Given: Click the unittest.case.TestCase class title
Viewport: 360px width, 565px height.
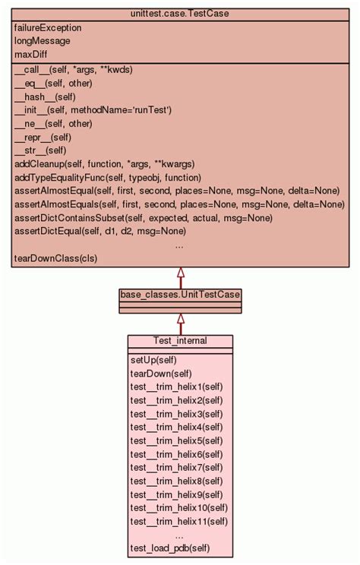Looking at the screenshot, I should click(180, 13).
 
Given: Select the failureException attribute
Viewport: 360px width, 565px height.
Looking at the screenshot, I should click(48, 27).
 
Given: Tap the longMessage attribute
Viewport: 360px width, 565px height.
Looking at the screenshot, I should click(43, 41).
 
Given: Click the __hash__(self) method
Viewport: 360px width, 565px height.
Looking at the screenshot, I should click(45, 96).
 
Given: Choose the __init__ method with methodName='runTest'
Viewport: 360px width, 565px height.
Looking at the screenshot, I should click(93, 110).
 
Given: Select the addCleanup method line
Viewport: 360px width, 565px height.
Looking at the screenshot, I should click(114, 165).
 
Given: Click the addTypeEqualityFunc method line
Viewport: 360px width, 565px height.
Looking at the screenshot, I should click(108, 178).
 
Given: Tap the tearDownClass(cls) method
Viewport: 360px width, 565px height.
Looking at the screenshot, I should click(55, 258).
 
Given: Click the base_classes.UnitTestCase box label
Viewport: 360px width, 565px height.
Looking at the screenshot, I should click(180, 294).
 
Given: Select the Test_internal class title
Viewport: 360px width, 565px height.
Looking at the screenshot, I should click(180, 341).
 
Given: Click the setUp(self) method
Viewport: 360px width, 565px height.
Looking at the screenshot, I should click(153, 360).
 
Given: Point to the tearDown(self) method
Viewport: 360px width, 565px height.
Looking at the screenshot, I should click(161, 373).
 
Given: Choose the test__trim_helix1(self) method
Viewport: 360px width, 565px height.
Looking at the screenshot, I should click(177, 387).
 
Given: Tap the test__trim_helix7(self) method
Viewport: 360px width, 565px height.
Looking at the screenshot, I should click(177, 467).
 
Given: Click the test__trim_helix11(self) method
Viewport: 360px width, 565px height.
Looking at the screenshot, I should click(179, 521).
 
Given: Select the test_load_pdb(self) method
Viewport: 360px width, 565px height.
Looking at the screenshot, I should click(170, 548).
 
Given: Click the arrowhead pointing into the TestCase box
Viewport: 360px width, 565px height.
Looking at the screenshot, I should click(180, 273).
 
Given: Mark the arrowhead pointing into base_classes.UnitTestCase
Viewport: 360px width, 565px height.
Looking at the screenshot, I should click(180, 319).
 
